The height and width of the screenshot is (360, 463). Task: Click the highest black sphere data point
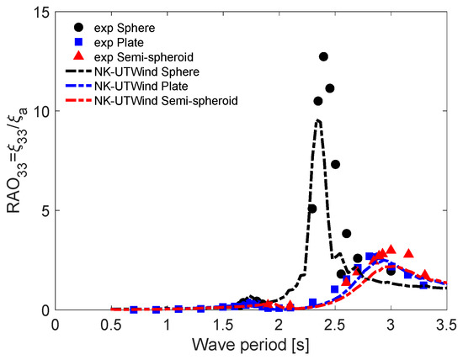point(323,56)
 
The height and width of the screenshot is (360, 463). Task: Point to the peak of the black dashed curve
point(318,120)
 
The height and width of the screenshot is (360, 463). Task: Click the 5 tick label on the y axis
point(44,210)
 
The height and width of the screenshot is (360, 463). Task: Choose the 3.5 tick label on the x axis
point(446,323)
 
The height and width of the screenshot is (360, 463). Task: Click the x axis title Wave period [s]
point(251,345)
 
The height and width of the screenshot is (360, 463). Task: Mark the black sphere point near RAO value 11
point(330,88)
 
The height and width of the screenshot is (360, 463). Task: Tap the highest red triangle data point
point(391,250)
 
